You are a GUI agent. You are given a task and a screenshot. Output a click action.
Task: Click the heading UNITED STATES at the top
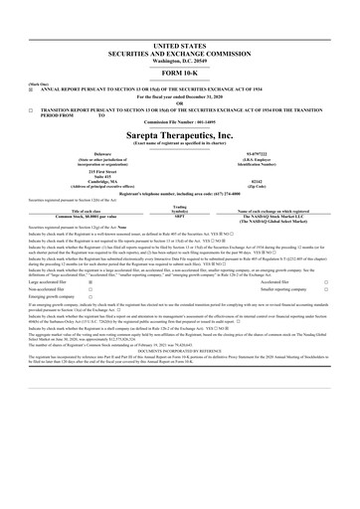180,46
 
